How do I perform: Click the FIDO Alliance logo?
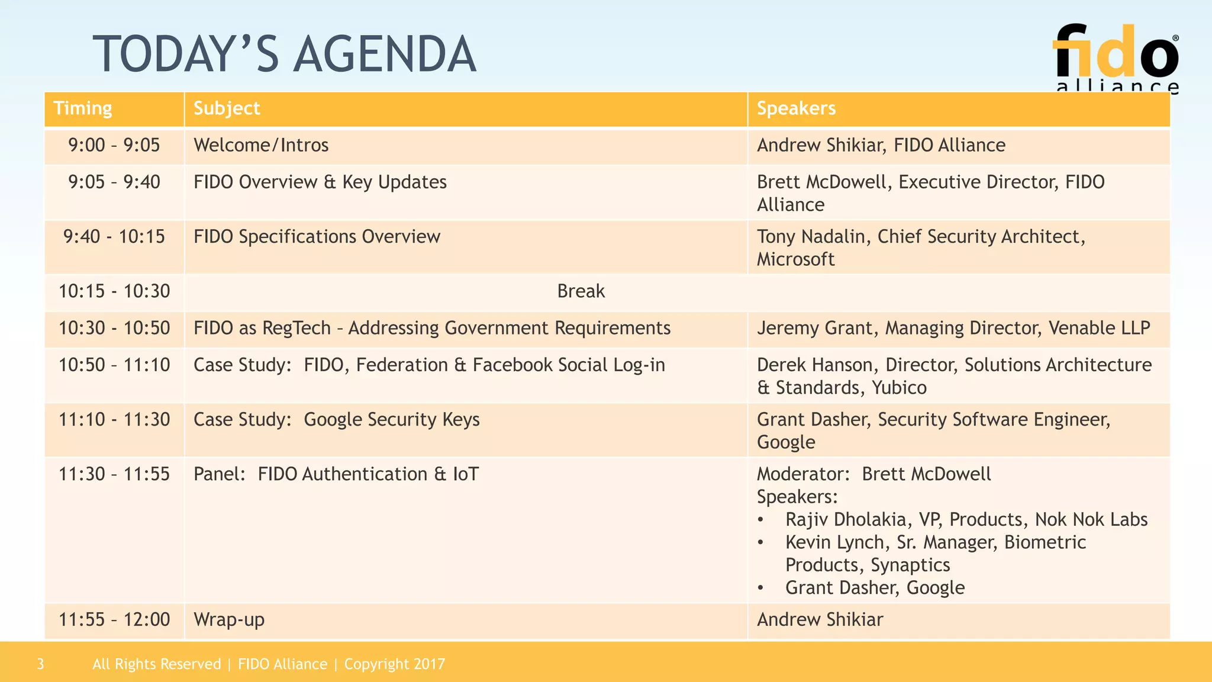[1116, 58]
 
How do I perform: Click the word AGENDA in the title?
[385, 54]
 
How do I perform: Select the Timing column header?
[83, 108]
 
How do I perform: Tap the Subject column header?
[227, 108]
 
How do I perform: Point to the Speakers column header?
[796, 108]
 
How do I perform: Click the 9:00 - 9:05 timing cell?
[114, 145]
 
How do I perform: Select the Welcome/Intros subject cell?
[261, 145]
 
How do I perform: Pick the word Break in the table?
[581, 291]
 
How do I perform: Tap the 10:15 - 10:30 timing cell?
[114, 291]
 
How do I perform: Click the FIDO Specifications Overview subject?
[317, 237]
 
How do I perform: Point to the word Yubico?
[899, 388]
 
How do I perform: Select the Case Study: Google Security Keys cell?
[336, 420]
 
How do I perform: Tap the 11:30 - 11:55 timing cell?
[114, 474]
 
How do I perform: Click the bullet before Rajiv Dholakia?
[761, 520]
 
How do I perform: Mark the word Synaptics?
[910, 565]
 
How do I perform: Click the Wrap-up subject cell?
[229, 620]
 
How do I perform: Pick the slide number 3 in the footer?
[40, 664]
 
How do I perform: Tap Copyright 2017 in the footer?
[394, 664]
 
